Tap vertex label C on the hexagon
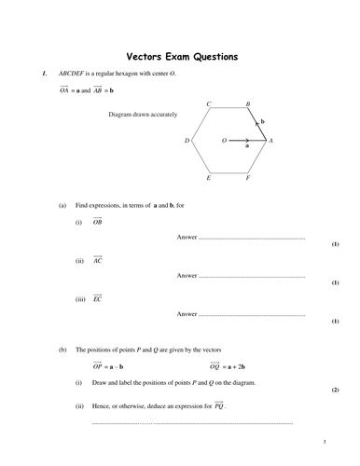coord(209,104)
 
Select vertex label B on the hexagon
coord(247,104)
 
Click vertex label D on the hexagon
coord(187,141)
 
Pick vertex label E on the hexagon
coord(209,177)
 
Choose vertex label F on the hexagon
coord(247,177)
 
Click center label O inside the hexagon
coord(224,141)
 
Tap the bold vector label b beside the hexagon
coord(263,121)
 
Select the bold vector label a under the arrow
coord(246,146)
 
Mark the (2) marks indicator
coord(335,389)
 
